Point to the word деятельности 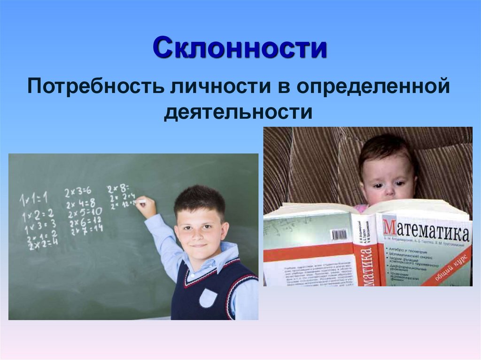click(238, 113)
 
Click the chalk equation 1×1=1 click(33, 199)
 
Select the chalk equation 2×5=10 click(84, 211)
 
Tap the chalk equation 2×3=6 click(78, 192)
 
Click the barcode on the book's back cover click(338, 234)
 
